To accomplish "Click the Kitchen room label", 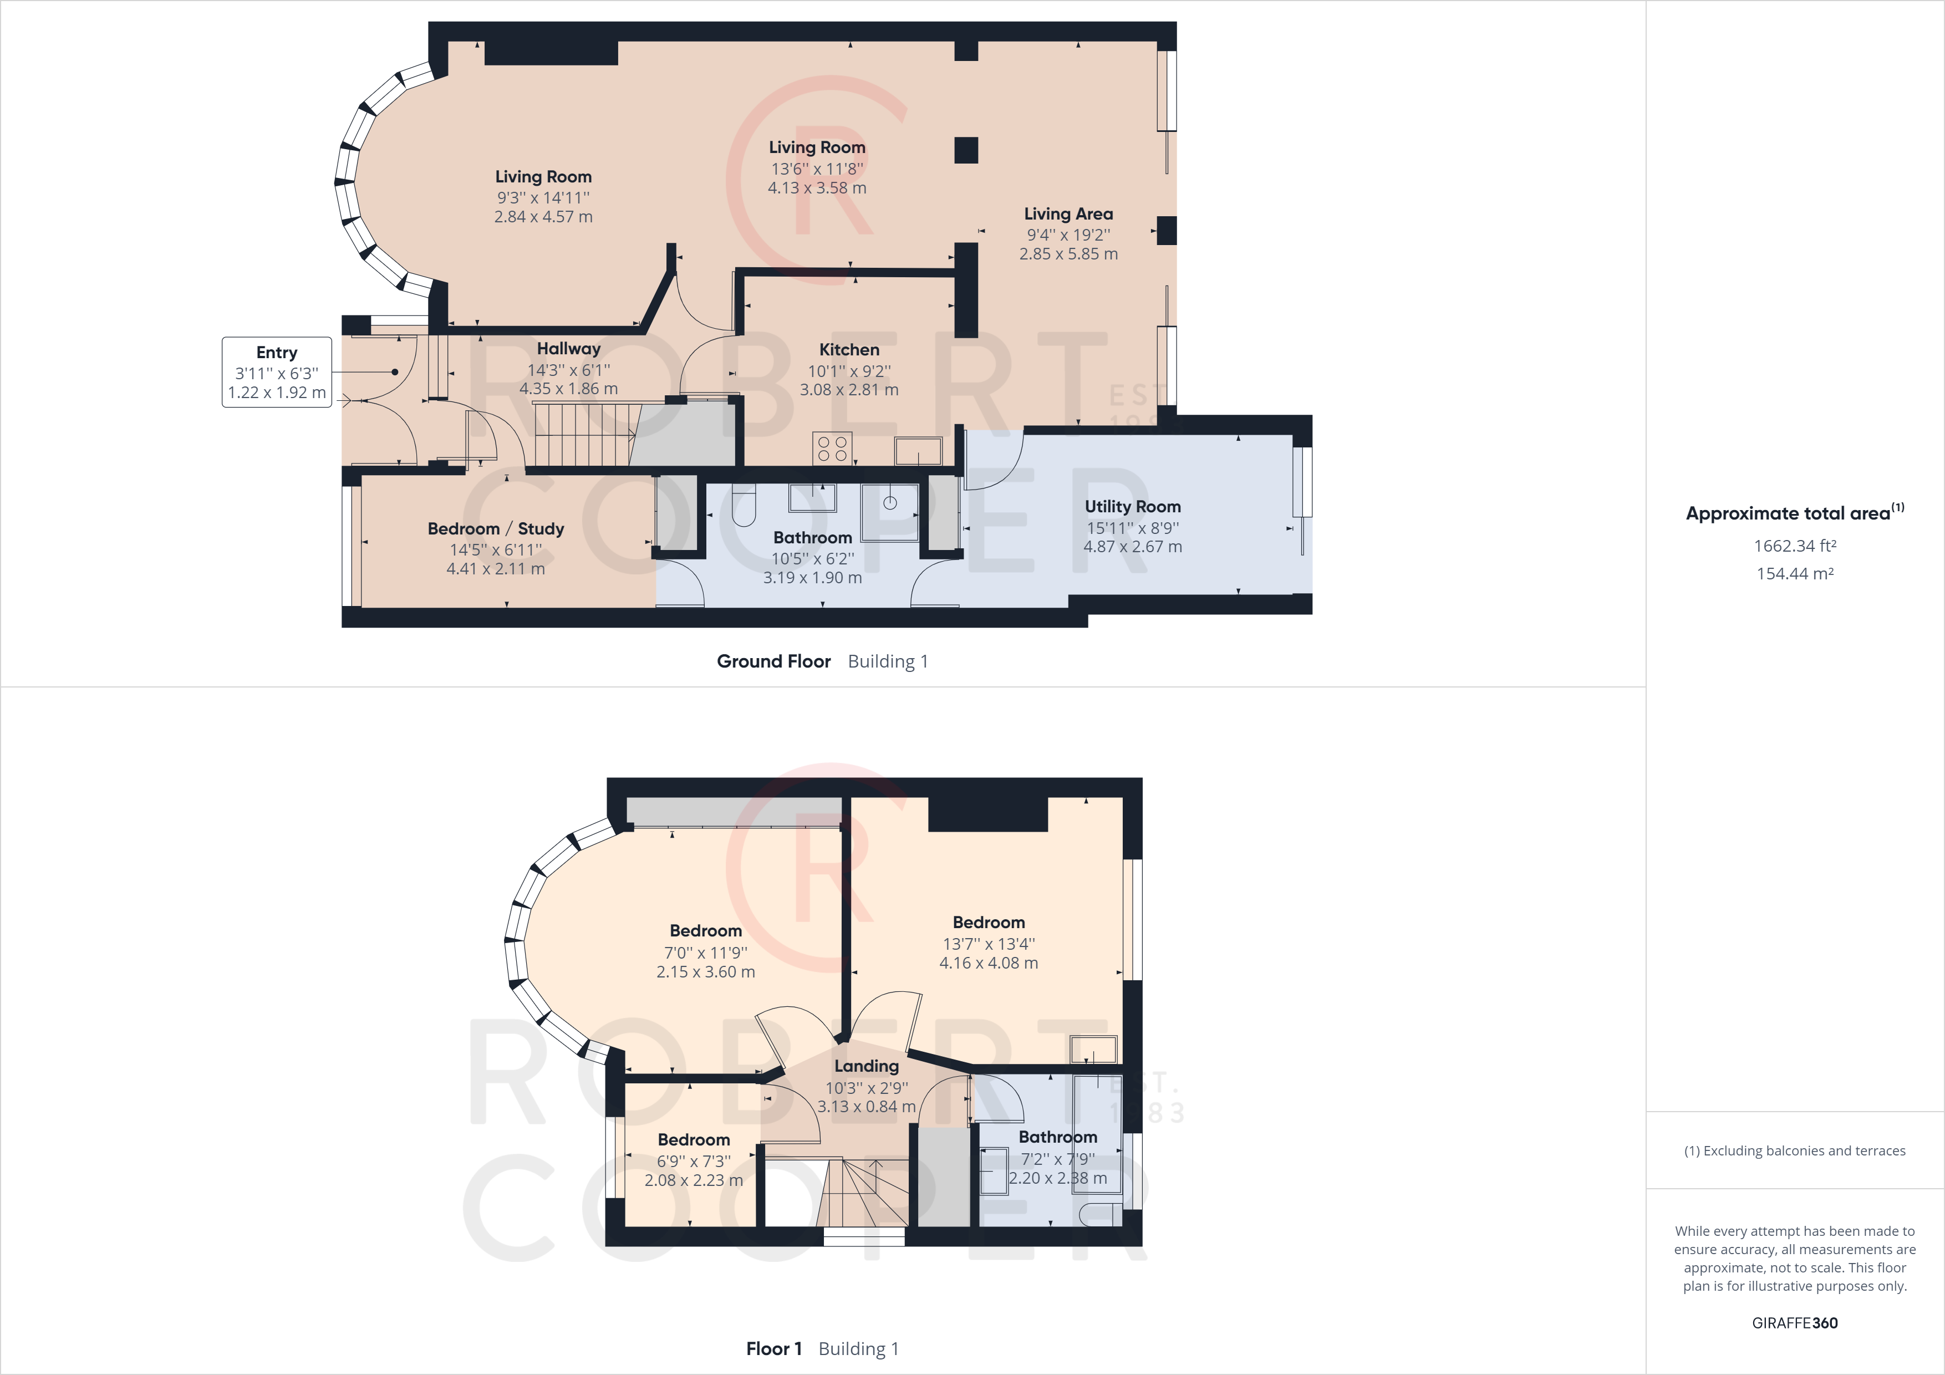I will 849,350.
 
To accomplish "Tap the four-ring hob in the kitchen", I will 832,448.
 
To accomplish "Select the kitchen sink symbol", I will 918,451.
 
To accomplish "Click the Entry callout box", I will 277,372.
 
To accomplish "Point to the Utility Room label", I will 1133,507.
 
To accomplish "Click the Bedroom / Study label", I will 496,528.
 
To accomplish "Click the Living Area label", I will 1068,215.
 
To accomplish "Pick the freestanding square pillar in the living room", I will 966,150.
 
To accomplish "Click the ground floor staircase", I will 584,435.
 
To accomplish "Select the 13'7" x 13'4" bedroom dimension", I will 989,944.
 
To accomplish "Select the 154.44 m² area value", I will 1794,573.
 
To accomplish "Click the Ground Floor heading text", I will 773,661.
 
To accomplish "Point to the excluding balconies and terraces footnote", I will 1794,1150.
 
